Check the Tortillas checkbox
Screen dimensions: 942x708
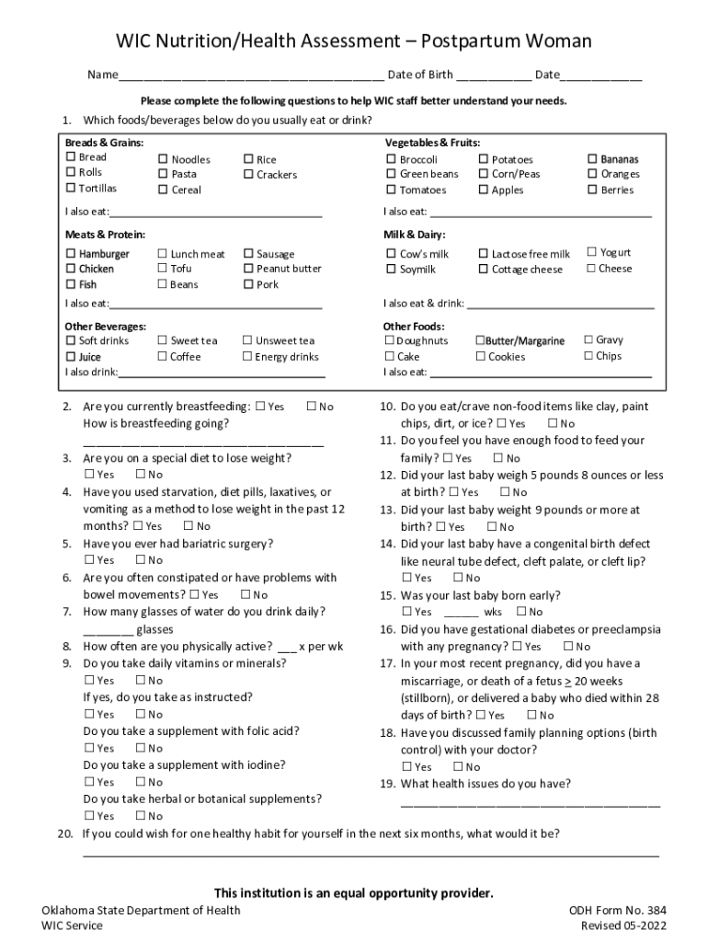point(70,189)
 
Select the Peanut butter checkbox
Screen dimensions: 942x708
point(247,269)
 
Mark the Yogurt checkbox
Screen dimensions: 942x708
point(591,252)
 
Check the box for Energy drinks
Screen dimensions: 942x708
point(247,357)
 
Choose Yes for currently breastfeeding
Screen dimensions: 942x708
point(260,407)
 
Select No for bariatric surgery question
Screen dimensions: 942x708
point(140,559)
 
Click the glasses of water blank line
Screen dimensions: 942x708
point(108,631)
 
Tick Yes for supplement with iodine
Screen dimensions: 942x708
point(89,782)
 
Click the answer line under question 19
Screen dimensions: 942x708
point(530,803)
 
